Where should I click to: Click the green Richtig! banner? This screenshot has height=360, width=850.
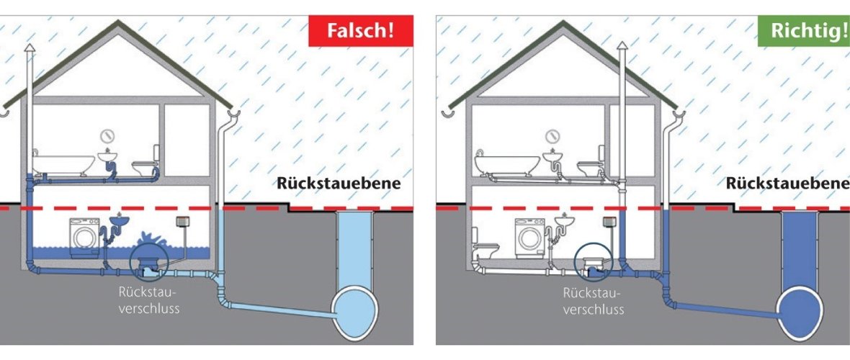(805, 30)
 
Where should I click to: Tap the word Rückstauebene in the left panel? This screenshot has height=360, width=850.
(339, 184)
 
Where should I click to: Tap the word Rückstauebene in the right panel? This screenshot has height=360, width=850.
(787, 184)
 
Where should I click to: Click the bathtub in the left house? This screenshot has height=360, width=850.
(63, 164)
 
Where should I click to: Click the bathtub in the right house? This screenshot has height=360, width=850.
(506, 164)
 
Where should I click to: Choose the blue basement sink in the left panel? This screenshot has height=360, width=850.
(120, 219)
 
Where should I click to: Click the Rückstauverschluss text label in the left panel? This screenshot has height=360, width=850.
(148, 301)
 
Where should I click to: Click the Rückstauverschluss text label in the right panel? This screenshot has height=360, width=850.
(593, 301)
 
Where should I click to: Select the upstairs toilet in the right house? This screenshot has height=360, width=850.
(592, 163)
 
